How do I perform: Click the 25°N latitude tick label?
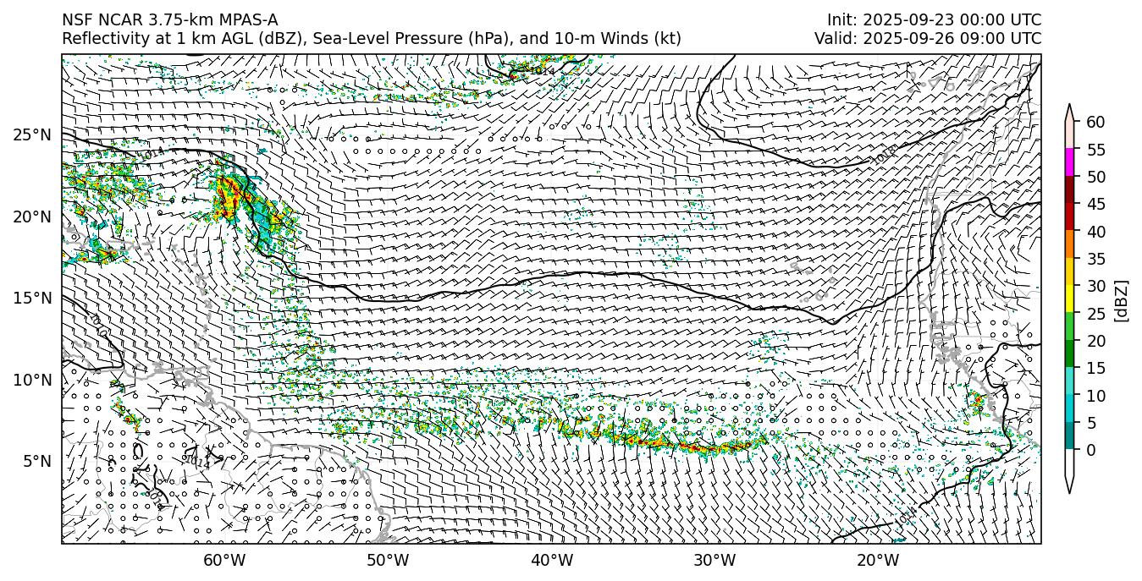pyautogui.click(x=32, y=135)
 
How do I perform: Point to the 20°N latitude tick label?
pyautogui.click(x=32, y=217)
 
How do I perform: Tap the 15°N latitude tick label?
pyautogui.click(x=32, y=299)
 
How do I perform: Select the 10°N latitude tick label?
pyautogui.click(x=32, y=380)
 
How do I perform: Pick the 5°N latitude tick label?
pyautogui.click(x=35, y=461)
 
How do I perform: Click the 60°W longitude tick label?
pyautogui.click(x=224, y=560)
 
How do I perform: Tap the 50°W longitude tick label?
pyautogui.click(x=388, y=560)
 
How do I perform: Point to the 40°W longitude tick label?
pyautogui.click(x=552, y=560)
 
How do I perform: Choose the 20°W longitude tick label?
pyautogui.click(x=878, y=560)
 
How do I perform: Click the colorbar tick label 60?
pyautogui.click(x=1095, y=123)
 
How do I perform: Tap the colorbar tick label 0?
pyautogui.click(x=1091, y=450)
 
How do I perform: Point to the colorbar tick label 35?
pyautogui.click(x=1095, y=259)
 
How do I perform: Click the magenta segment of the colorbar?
pyautogui.click(x=1070, y=162)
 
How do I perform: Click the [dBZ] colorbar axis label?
pyautogui.click(x=1122, y=300)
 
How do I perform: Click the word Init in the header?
pyautogui.click(x=841, y=20)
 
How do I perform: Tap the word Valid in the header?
pyautogui.click(x=835, y=39)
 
